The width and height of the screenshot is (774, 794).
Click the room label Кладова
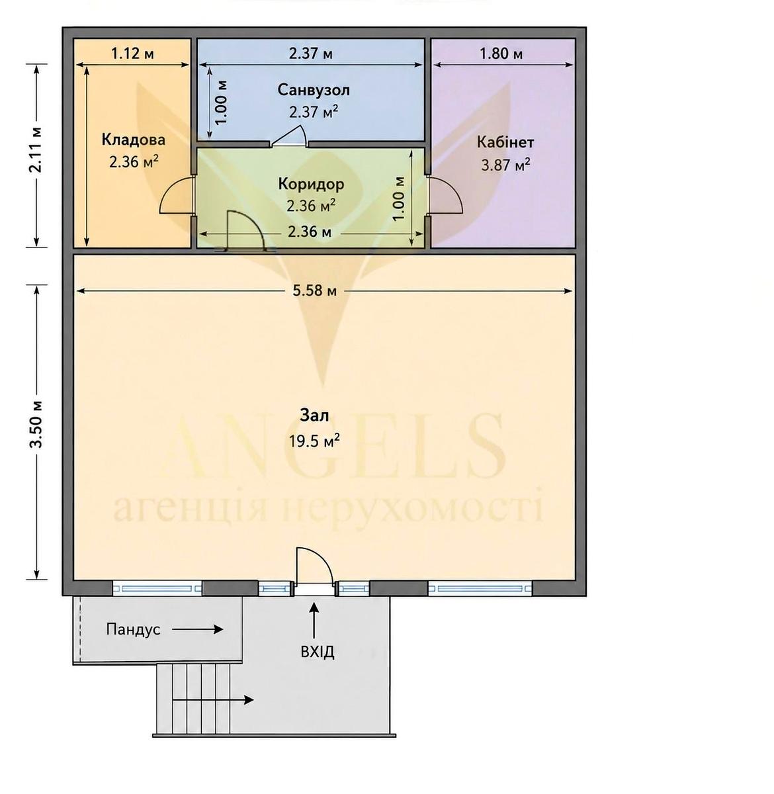coord(134,140)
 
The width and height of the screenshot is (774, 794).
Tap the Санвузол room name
coord(314,90)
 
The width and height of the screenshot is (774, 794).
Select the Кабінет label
coord(505,142)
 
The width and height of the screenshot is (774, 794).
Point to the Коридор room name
coord(311,184)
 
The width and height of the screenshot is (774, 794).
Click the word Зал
coord(314,416)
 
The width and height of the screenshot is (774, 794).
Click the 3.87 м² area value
coord(505,165)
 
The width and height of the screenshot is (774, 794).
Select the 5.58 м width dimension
coord(315,291)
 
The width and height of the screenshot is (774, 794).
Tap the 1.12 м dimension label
coord(133,53)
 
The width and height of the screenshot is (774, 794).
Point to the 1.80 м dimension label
coord(501,54)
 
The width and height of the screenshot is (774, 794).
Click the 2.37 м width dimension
coord(310,54)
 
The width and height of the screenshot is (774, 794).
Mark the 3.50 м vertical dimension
coord(37,425)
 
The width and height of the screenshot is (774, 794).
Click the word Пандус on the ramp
coord(133,629)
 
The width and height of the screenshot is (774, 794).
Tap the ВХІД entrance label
coord(318,652)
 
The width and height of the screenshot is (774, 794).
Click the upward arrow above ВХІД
coord(314,621)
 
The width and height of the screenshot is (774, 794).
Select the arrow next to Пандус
coord(198,629)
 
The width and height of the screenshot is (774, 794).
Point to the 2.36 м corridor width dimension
coord(310,232)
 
